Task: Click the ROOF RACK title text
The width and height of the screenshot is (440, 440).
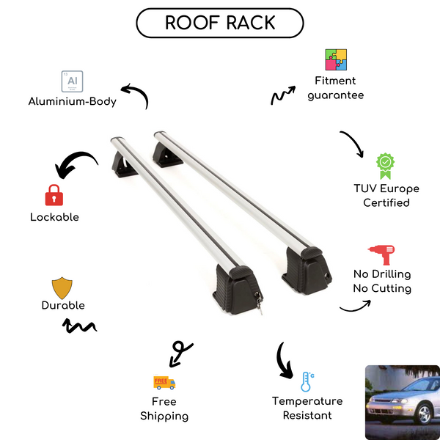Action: click(x=220, y=23)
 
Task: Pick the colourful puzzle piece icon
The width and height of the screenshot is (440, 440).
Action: click(x=336, y=60)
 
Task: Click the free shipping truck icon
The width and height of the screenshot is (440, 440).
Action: click(x=164, y=382)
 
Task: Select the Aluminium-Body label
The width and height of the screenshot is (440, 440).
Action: click(x=73, y=102)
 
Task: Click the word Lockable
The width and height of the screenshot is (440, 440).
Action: click(x=54, y=217)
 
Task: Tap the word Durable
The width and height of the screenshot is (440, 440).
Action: click(x=63, y=305)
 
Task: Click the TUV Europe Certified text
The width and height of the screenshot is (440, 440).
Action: click(x=386, y=195)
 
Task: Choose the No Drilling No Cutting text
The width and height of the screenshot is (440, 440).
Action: click(x=381, y=281)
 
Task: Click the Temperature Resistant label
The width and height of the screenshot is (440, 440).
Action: click(x=307, y=408)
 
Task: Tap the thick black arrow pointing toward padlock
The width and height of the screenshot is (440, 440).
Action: click(x=76, y=164)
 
